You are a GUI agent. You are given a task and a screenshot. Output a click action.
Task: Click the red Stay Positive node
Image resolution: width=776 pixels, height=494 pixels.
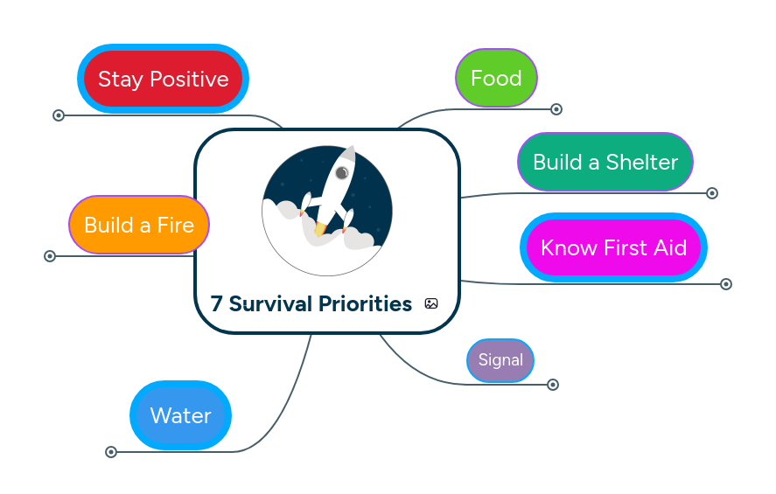163,79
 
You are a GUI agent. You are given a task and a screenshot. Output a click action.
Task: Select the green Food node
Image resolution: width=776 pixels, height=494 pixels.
496,78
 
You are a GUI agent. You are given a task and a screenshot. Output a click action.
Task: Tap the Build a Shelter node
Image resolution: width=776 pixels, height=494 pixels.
605,162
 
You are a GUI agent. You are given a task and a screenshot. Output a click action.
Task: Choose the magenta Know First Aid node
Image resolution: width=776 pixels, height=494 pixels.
613,247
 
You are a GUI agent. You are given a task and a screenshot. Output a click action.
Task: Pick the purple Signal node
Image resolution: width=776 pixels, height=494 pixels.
500,360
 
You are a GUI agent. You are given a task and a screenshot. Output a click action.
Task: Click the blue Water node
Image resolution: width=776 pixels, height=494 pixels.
180,415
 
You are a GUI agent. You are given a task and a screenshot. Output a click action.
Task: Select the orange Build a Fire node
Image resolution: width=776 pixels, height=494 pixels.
139,225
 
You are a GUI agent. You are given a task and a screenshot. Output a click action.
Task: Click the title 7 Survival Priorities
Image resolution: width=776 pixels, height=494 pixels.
311,304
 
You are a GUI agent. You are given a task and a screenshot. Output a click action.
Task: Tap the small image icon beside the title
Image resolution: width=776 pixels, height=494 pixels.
431,303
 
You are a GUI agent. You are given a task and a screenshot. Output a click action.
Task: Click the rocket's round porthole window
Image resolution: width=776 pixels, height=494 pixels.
342,173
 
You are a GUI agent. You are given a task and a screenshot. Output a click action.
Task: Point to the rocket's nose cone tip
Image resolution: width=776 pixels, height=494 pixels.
352,149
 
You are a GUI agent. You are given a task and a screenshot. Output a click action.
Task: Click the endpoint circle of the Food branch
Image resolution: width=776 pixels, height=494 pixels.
556,109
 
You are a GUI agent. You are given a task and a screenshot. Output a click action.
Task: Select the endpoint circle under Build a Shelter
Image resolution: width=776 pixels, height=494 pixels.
712,193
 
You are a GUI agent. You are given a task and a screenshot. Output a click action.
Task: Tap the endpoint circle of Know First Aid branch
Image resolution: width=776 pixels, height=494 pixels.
726,284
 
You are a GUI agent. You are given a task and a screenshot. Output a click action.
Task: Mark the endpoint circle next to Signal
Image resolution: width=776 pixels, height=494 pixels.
553,385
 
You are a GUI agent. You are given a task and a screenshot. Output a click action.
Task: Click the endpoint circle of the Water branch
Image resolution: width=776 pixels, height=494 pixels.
111,452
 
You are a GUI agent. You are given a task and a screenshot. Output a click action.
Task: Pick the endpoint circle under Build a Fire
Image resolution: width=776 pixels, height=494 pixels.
50,256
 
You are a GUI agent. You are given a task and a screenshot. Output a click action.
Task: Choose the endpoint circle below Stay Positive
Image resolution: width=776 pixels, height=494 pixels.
59,115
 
